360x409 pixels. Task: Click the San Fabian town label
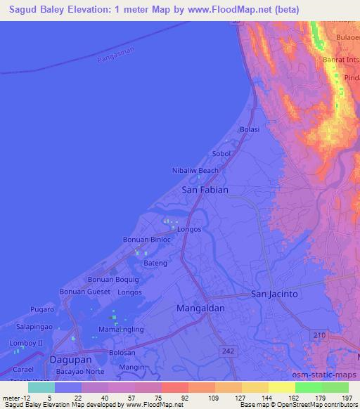pyautogui.click(x=205, y=190)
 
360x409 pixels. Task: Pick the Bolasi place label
pyautogui.click(x=250, y=130)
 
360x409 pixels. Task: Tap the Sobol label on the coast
pyautogui.click(x=221, y=153)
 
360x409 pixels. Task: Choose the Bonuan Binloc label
pyautogui.click(x=147, y=240)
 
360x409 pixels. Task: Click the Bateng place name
pyautogui.click(x=155, y=262)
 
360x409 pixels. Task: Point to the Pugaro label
pyautogui.click(x=43, y=309)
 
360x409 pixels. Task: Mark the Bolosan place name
pyautogui.click(x=122, y=353)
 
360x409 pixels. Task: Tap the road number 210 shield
pyautogui.click(x=321, y=337)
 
